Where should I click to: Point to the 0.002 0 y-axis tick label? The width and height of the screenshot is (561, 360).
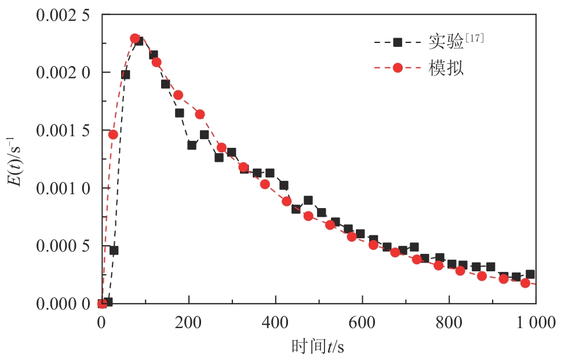point(64,72)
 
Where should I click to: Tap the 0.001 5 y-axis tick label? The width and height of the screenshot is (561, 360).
point(64,130)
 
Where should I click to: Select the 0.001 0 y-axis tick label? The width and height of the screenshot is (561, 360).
point(64,188)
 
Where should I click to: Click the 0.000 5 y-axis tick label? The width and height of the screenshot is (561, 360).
point(64,246)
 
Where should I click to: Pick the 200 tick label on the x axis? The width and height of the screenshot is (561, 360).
point(188,322)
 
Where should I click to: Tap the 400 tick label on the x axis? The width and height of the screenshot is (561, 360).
point(275,322)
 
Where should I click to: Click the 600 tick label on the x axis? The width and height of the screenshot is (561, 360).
point(362,322)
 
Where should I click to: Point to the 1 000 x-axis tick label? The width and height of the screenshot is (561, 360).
point(534,322)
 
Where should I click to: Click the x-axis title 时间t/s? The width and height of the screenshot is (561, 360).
point(318,346)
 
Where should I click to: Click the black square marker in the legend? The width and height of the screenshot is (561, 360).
point(398,42)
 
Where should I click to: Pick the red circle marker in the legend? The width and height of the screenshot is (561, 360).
point(398,68)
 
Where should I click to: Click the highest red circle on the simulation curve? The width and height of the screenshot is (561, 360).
point(135,39)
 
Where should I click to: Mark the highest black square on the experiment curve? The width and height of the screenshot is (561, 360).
point(139,41)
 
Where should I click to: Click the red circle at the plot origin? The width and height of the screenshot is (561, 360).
point(102,303)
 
